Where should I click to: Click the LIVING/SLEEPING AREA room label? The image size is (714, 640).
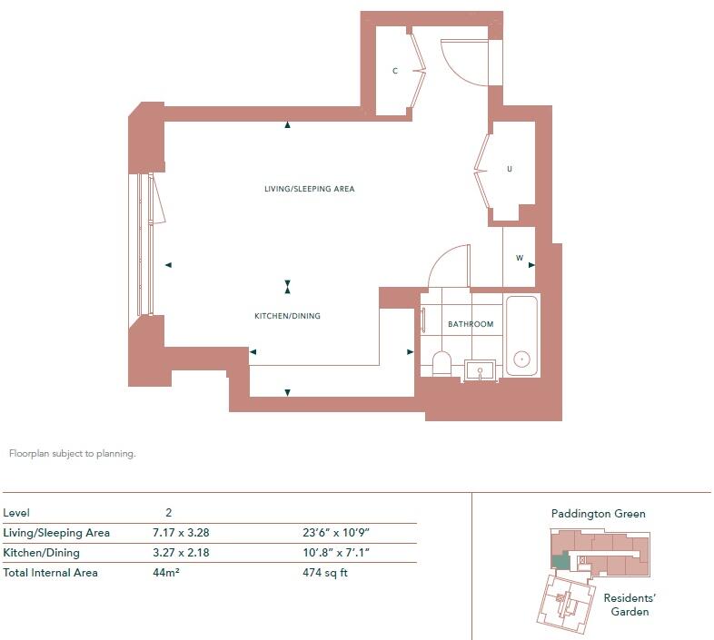[x=309, y=189]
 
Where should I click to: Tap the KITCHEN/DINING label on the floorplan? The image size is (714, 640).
[x=287, y=316]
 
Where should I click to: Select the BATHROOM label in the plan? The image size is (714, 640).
[x=471, y=324]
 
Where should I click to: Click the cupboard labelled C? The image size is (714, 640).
[x=395, y=71]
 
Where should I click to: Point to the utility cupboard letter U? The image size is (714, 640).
[x=510, y=169]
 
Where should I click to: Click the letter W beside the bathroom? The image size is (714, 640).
[x=520, y=258]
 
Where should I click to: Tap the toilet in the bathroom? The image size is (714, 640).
[x=441, y=363]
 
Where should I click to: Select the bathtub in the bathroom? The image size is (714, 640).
[x=521, y=335]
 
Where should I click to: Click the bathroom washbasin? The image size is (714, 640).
[x=480, y=369]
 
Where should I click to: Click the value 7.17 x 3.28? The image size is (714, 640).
[x=187, y=533]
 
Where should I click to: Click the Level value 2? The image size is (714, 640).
[x=168, y=513]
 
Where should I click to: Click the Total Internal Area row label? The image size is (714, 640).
[x=51, y=573]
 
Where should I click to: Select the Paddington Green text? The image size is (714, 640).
[x=598, y=514]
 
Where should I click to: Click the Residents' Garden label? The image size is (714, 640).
[x=630, y=605]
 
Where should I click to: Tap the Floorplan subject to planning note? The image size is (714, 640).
[x=72, y=454]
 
